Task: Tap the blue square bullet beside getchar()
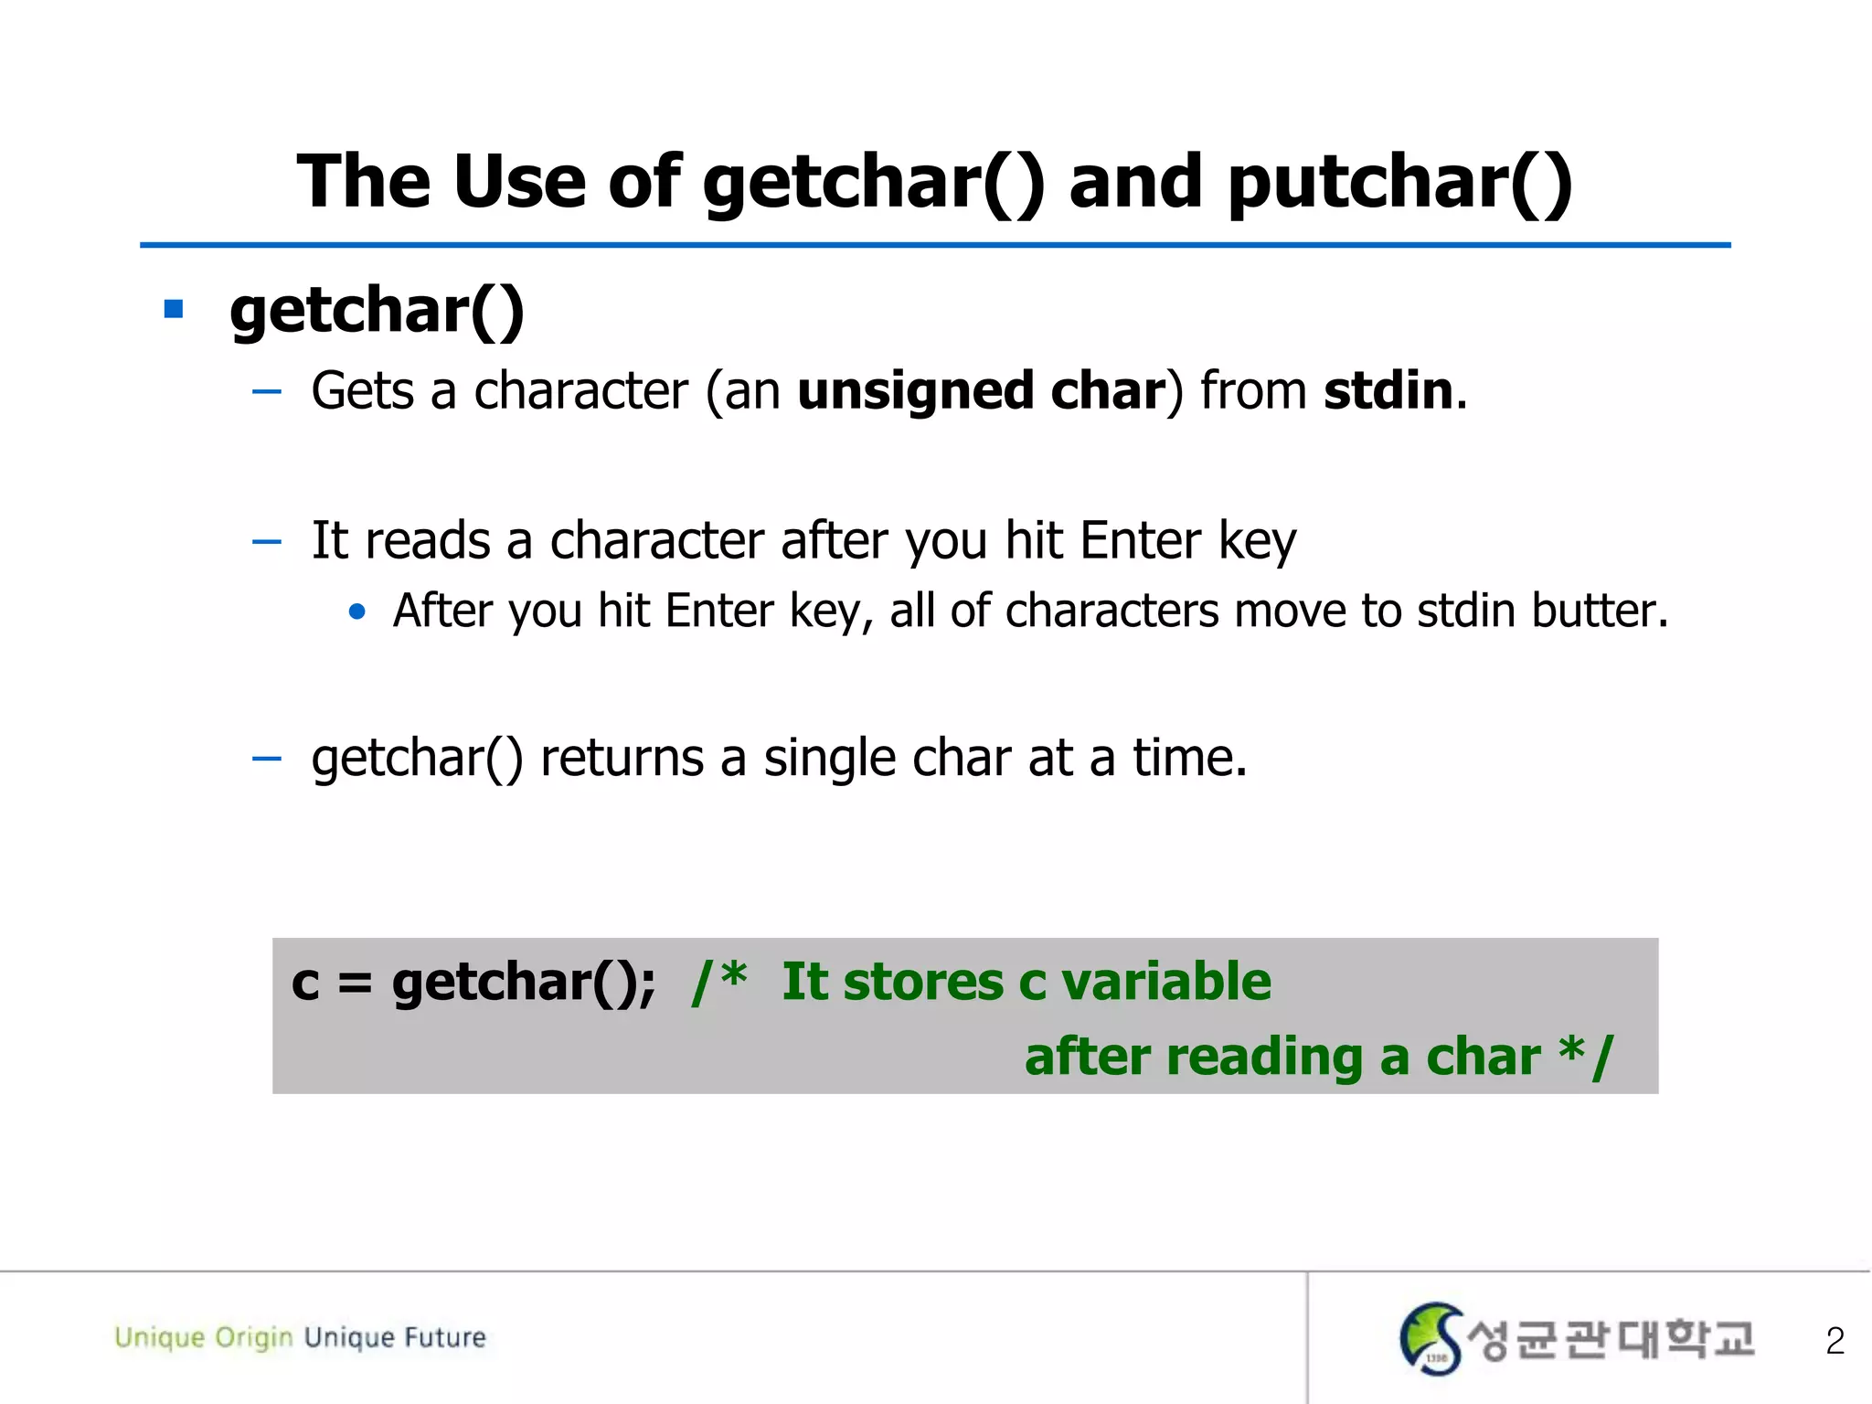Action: (174, 309)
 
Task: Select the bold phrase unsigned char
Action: (982, 391)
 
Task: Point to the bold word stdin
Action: (1388, 391)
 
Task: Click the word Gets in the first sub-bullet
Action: (363, 391)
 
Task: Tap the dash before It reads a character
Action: (266, 542)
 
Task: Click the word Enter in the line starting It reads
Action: (1139, 540)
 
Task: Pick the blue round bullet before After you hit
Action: (357, 612)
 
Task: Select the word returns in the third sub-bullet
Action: (622, 758)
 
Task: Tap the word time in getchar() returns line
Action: (1188, 758)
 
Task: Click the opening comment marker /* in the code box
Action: (719, 982)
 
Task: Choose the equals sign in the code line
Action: (355, 984)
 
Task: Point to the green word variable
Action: (1166, 982)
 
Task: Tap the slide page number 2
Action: (1835, 1341)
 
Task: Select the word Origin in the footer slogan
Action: (254, 1338)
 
